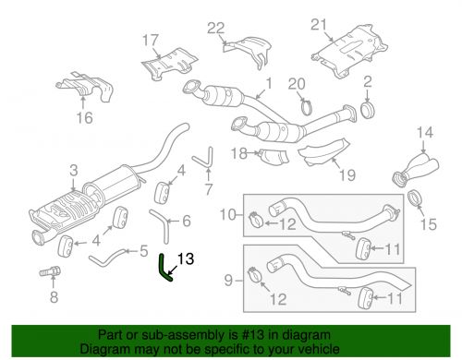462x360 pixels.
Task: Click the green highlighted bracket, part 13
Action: (x=167, y=269)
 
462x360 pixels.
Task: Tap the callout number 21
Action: (x=345, y=23)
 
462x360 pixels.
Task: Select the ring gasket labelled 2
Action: (x=366, y=113)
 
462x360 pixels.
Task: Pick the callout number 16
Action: (x=84, y=118)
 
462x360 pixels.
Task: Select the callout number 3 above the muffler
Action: (x=74, y=170)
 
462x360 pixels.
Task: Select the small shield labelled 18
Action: (x=270, y=157)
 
